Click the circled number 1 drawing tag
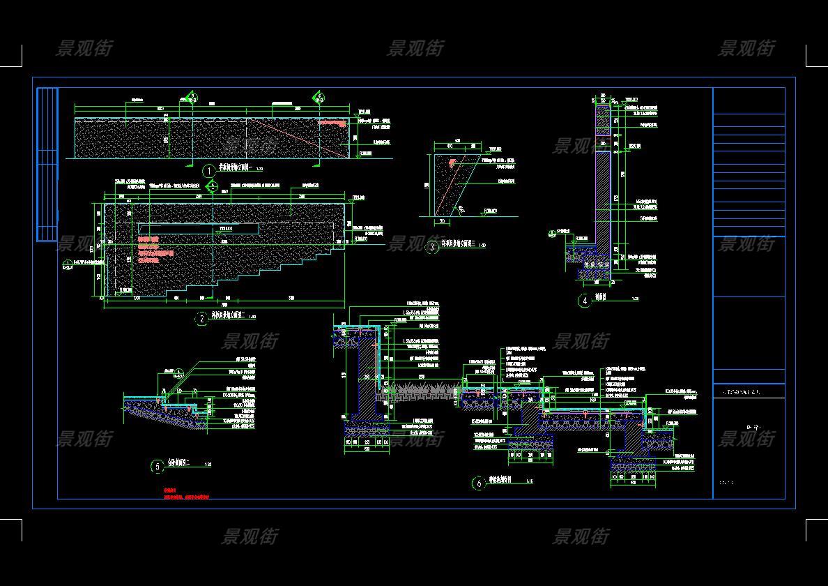[208, 171]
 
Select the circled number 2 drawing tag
[201, 319]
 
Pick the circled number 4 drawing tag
[584, 301]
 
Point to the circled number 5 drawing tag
[158, 466]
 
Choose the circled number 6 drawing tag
[479, 483]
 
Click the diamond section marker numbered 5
[192, 97]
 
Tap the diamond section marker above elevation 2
[213, 186]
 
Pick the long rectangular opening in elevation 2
[199, 228]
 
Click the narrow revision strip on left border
[47, 164]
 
